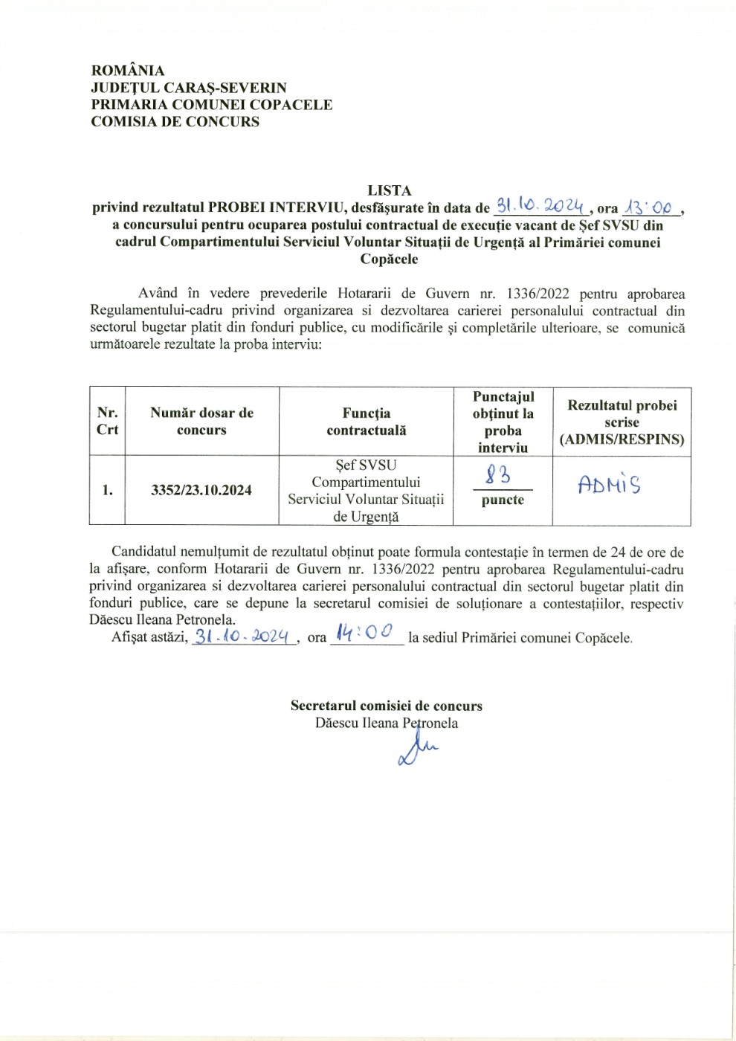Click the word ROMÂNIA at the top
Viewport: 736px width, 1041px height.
(127, 71)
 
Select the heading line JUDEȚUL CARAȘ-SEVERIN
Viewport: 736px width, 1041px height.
(188, 88)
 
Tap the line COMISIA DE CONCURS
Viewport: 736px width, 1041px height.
(175, 122)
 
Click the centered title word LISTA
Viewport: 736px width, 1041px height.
(389, 191)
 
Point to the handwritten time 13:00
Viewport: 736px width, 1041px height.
(650, 207)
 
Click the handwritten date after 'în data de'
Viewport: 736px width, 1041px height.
(541, 207)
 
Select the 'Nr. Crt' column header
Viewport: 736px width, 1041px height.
(107, 421)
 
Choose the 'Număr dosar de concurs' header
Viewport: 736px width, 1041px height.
(201, 421)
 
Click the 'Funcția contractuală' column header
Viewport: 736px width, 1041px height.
(366, 421)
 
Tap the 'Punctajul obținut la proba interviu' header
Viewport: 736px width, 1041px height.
(503, 422)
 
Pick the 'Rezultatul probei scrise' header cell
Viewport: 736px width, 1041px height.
(622, 422)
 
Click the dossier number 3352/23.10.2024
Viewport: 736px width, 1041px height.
(201, 490)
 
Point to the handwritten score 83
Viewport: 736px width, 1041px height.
(498, 473)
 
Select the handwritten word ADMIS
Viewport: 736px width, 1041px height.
(610, 486)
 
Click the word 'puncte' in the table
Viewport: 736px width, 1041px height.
(503, 500)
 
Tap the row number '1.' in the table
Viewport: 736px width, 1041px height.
(107, 490)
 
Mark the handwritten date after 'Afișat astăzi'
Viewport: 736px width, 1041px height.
(243, 636)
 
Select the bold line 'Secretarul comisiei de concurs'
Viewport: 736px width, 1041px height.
(386, 706)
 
